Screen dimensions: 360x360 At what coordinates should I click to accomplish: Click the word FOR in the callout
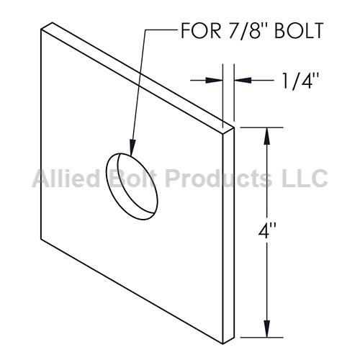point(201,31)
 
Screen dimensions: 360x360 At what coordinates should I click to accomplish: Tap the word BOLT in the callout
point(299,31)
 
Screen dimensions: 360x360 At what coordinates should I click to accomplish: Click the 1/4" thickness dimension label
point(301,81)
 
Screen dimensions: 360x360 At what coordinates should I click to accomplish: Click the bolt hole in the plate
point(132,186)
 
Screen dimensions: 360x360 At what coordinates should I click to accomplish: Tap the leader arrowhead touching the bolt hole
point(132,147)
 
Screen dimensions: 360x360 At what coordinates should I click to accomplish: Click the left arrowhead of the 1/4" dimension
point(215,80)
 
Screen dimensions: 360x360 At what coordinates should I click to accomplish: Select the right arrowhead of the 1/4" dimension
point(243,80)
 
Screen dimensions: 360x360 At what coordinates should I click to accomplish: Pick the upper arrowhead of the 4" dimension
point(267,136)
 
